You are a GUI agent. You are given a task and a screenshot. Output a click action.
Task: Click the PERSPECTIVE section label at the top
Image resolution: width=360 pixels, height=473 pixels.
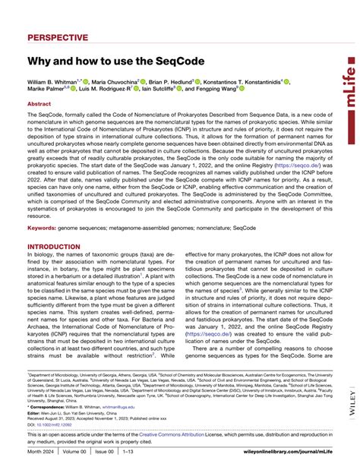(x=58, y=37)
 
